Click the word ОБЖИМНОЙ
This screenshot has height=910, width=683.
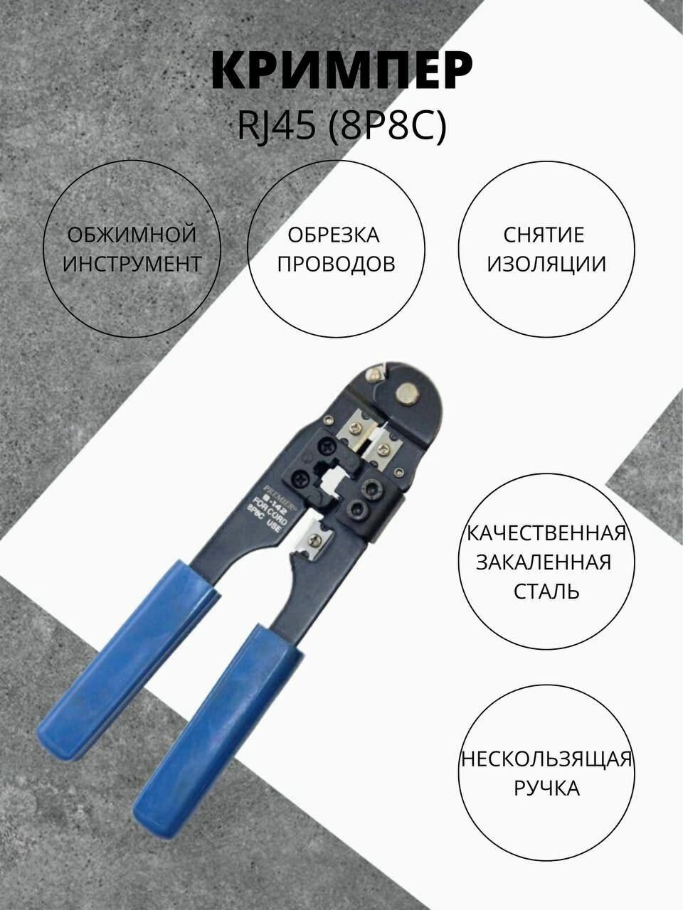(132, 235)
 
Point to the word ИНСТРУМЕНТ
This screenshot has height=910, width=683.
(132, 264)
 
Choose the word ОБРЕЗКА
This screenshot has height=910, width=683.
(334, 235)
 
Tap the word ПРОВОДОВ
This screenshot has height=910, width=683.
(336, 264)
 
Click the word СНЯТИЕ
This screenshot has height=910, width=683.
(544, 235)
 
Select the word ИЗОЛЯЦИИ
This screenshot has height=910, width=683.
(545, 264)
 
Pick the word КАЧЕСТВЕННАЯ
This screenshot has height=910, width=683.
(546, 533)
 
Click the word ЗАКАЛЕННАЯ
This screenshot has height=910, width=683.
(544, 562)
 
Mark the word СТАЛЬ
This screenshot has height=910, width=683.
(546, 591)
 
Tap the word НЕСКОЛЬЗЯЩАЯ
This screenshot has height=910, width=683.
(546, 759)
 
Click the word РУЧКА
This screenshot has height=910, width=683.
(546, 788)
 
